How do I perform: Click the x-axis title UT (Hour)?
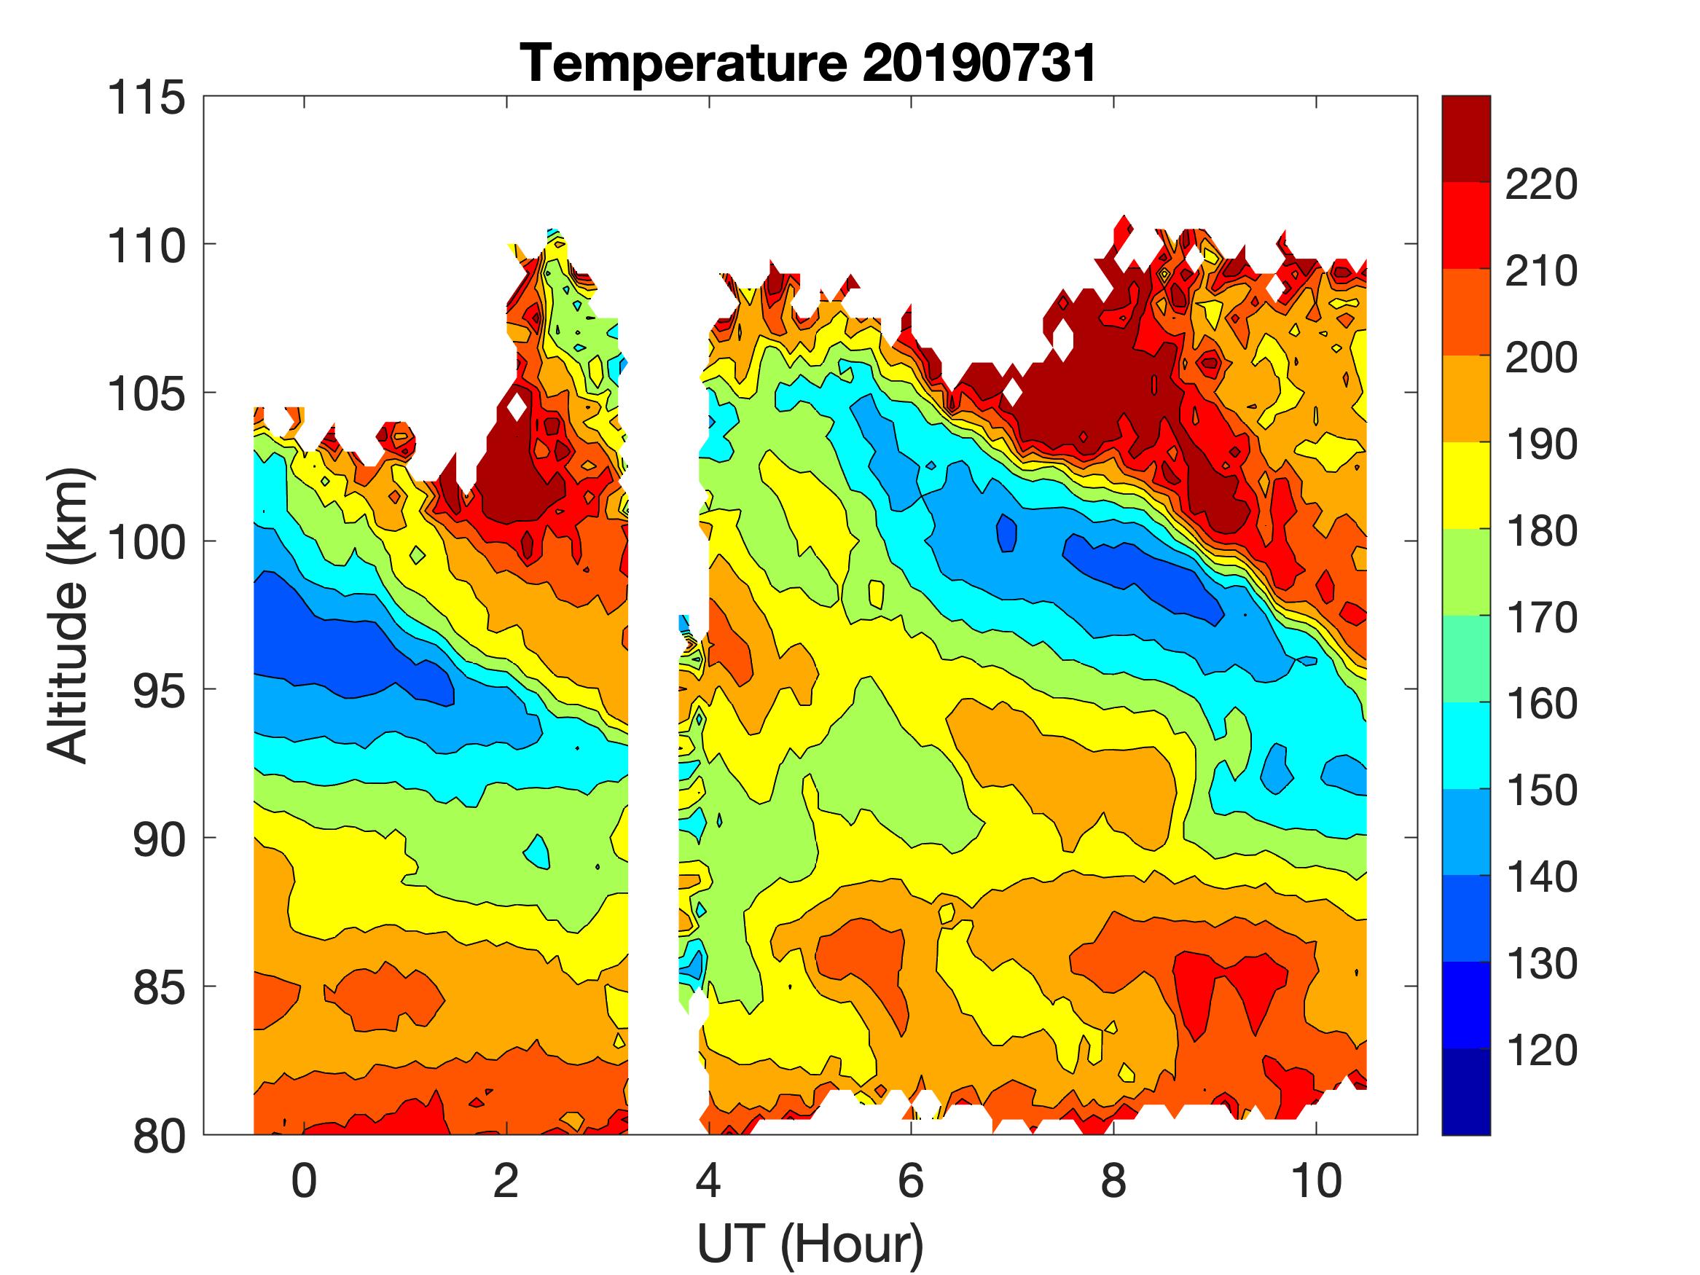(x=810, y=1243)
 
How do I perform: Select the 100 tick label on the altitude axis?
(x=146, y=543)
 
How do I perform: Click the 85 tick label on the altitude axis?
(x=159, y=987)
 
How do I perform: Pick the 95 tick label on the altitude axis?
(x=159, y=691)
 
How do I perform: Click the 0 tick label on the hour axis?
(x=305, y=1180)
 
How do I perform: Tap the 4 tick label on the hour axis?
(x=708, y=1180)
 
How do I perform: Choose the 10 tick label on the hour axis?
(x=1317, y=1180)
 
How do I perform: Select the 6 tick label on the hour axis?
(x=911, y=1180)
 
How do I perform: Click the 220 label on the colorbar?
(x=1541, y=184)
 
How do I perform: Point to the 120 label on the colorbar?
(x=1541, y=1051)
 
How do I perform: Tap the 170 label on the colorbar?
(x=1541, y=617)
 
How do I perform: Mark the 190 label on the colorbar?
(x=1541, y=444)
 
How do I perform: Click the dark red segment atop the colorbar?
(x=1465, y=138)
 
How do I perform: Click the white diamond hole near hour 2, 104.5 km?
(x=517, y=406)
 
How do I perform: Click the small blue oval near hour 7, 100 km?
(x=1007, y=533)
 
